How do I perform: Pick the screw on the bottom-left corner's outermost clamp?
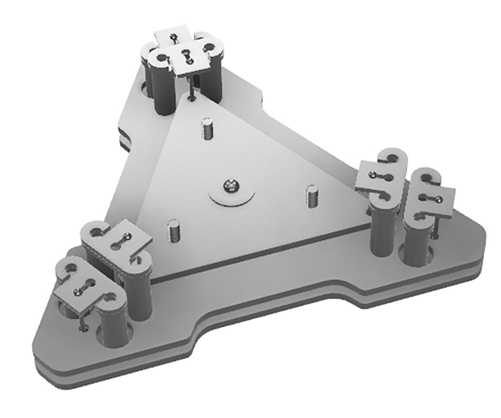tap(79, 291)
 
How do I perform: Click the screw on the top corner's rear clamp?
tap(173, 38)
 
